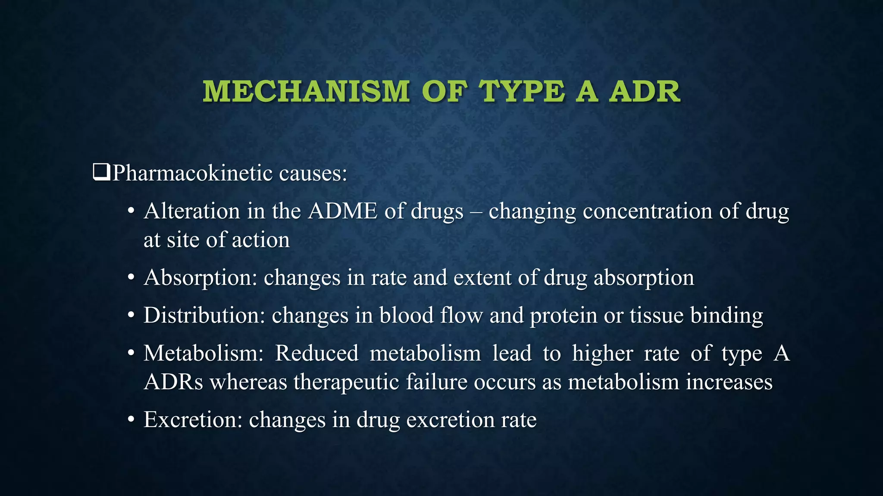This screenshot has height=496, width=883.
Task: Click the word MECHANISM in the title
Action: (306, 92)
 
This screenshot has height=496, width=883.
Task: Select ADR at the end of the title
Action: (644, 92)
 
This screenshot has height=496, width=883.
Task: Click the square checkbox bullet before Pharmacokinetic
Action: (101, 173)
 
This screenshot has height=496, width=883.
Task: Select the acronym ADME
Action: (343, 211)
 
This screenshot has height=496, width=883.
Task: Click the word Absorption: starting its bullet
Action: (200, 278)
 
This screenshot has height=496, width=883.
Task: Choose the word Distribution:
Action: (204, 315)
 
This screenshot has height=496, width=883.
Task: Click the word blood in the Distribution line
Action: (406, 315)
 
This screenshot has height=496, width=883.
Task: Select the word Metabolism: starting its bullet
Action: (204, 353)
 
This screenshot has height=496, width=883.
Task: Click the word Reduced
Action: (317, 353)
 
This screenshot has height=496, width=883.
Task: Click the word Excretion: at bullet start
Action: (193, 420)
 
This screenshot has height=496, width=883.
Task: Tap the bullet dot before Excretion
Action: (132, 420)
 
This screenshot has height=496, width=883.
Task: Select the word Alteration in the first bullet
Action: (192, 211)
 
